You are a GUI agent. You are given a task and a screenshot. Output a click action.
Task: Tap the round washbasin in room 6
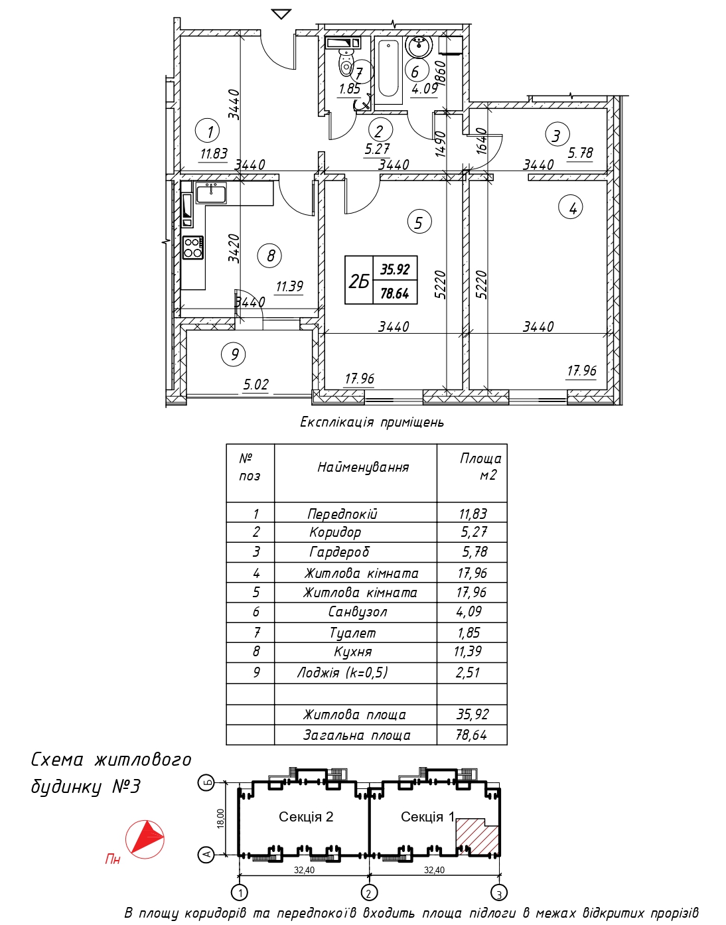pyautogui.click(x=419, y=46)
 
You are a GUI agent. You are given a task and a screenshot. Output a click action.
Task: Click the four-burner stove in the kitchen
pyautogui.click(x=192, y=248)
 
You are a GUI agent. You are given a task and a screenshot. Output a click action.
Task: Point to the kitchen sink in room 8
pyautogui.click(x=212, y=193)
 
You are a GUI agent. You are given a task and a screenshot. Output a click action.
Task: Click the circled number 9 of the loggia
pyautogui.click(x=234, y=354)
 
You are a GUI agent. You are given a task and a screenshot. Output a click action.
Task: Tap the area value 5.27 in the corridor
pyautogui.click(x=377, y=150)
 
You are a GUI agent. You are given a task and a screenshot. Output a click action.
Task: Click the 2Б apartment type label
pyautogui.click(x=358, y=281)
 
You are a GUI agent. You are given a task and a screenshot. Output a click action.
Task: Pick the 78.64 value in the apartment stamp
pyautogui.click(x=394, y=293)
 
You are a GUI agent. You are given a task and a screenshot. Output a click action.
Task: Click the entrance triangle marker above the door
pyautogui.click(x=281, y=14)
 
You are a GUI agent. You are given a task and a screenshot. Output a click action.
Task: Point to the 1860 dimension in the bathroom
pyautogui.click(x=441, y=74)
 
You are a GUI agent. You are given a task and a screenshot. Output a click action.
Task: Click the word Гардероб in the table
pyautogui.click(x=339, y=551)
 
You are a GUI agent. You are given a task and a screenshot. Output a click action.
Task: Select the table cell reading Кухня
pyautogui.click(x=353, y=652)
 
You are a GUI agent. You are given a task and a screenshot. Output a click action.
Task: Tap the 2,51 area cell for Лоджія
pyautogui.click(x=469, y=672)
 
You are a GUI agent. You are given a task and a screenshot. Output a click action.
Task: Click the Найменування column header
pyautogui.click(x=363, y=467)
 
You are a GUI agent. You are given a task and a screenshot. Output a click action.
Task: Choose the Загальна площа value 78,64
pyautogui.click(x=472, y=735)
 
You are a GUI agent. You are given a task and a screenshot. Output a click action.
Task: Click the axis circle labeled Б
pyautogui.click(x=207, y=782)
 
